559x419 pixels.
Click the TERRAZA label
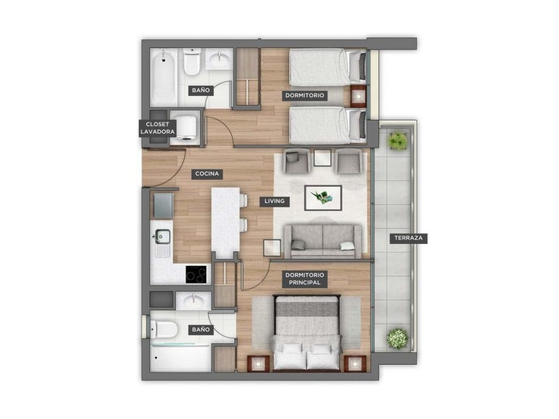(408, 238)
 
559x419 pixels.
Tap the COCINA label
(207, 174)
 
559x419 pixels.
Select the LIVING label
(275, 201)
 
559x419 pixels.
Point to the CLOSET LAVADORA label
(157, 128)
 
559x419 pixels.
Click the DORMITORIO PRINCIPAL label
(305, 279)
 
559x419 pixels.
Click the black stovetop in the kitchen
(196, 274)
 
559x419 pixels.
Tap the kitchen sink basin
(163, 236)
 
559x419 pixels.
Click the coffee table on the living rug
(323, 197)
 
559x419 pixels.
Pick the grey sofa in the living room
(323, 241)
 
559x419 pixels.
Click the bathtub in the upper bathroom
(164, 76)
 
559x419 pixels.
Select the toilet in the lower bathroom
(164, 329)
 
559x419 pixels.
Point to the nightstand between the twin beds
(358, 95)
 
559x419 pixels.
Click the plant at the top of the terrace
(398, 140)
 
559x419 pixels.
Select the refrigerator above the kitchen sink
(163, 205)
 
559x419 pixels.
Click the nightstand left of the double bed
(258, 364)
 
